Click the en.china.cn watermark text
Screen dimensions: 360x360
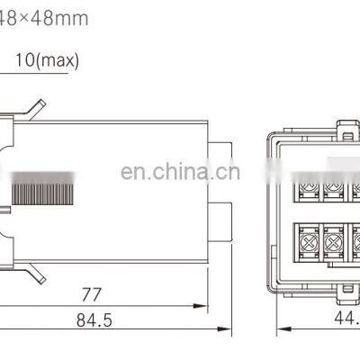click(180, 172)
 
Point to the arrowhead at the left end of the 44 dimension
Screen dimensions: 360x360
click(274, 332)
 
